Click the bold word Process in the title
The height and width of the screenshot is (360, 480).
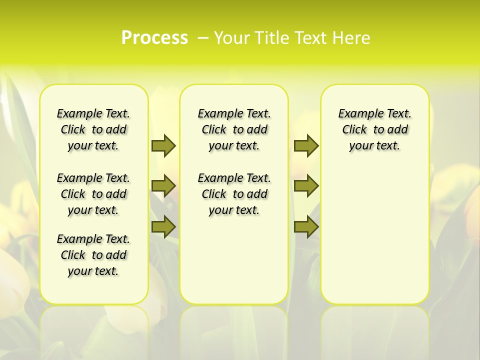[154, 37]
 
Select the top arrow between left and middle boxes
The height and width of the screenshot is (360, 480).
[163, 145]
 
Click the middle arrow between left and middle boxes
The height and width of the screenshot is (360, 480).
[163, 186]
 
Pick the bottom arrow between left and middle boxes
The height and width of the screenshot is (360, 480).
[163, 227]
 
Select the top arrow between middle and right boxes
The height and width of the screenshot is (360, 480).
[306, 145]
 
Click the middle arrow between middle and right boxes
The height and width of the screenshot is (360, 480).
[306, 186]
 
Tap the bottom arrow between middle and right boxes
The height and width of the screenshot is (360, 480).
[306, 227]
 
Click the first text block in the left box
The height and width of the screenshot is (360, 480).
[93, 129]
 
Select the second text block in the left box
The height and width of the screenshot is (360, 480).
[93, 194]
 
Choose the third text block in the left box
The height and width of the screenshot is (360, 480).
[93, 255]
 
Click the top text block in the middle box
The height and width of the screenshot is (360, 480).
[234, 129]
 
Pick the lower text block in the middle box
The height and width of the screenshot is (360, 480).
[234, 194]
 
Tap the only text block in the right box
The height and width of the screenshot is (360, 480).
[374, 129]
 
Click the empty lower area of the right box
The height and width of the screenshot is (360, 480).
[374, 240]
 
